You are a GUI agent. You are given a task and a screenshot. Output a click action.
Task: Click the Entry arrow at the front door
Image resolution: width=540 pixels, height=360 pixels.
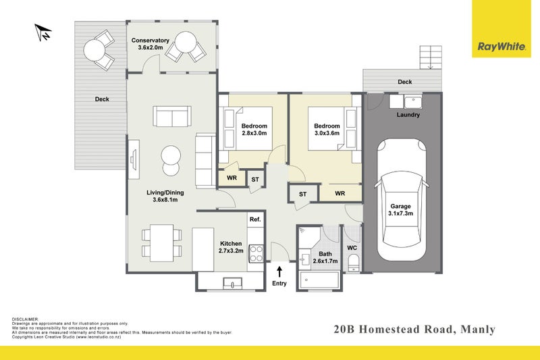(x=279, y=272)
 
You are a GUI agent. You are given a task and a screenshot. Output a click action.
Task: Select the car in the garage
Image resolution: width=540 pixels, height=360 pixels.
(x=400, y=201)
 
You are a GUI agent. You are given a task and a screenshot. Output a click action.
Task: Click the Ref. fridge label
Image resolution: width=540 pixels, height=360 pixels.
(x=255, y=220)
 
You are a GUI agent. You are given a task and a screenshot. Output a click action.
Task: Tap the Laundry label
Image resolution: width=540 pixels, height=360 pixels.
(x=409, y=115)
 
